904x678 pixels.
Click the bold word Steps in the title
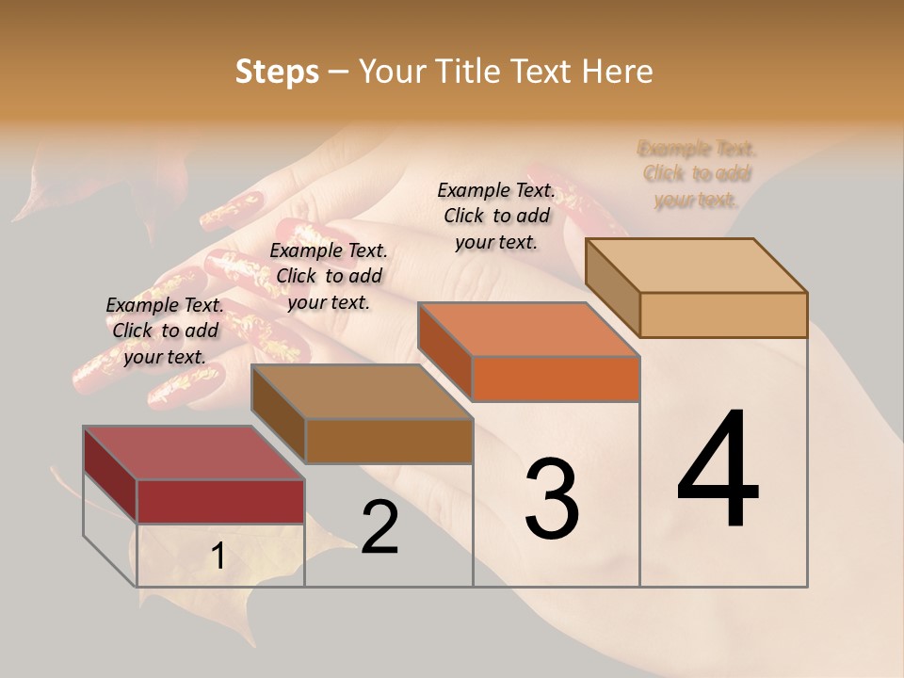pos(277,72)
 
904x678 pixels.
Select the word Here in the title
pos(618,72)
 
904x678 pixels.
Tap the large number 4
pos(718,471)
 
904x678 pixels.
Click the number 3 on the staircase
pos(552,499)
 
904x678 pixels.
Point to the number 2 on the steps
pos(379,527)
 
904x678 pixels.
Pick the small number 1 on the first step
pos(218,557)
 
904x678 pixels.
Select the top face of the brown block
pos(362,392)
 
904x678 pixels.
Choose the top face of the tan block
pos(697,266)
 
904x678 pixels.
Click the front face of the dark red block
pos(220,501)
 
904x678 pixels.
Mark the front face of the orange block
pos(556,379)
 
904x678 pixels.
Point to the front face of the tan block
pos(723,315)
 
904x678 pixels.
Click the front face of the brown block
pos(389,441)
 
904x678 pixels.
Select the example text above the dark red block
pos(165,331)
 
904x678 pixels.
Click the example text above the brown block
pos(329,276)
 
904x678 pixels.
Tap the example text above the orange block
pos(496,216)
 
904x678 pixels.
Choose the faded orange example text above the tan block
pos(697,174)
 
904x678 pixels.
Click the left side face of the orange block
pos(444,349)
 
